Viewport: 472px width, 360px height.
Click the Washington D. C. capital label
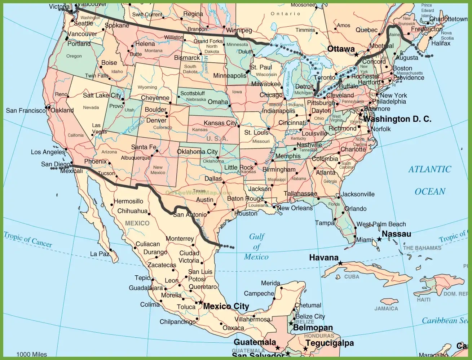tap(397, 119)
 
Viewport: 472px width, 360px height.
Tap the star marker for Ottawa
tap(356, 55)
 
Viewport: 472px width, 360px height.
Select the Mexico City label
tap(226, 306)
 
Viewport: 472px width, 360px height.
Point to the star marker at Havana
tap(340, 263)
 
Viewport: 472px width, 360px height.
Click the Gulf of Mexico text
tap(256, 247)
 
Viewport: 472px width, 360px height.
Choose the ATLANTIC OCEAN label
tap(430, 180)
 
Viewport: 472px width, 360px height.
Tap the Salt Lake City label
tap(102, 95)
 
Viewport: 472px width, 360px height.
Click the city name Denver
tap(156, 120)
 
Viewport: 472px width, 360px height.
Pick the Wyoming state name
tap(147, 87)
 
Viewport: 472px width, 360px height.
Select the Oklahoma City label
tap(197, 152)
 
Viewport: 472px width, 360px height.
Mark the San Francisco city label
tap(26, 111)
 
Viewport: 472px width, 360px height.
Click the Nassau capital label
tap(396, 234)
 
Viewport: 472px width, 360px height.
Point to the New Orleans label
tap(295, 208)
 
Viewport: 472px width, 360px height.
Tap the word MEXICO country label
tap(137, 223)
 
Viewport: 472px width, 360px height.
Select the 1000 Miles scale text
tap(32, 355)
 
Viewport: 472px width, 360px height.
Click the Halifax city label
tap(441, 44)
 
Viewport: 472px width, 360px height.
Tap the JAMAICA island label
tap(386, 308)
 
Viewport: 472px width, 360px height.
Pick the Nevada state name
tap(91, 107)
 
